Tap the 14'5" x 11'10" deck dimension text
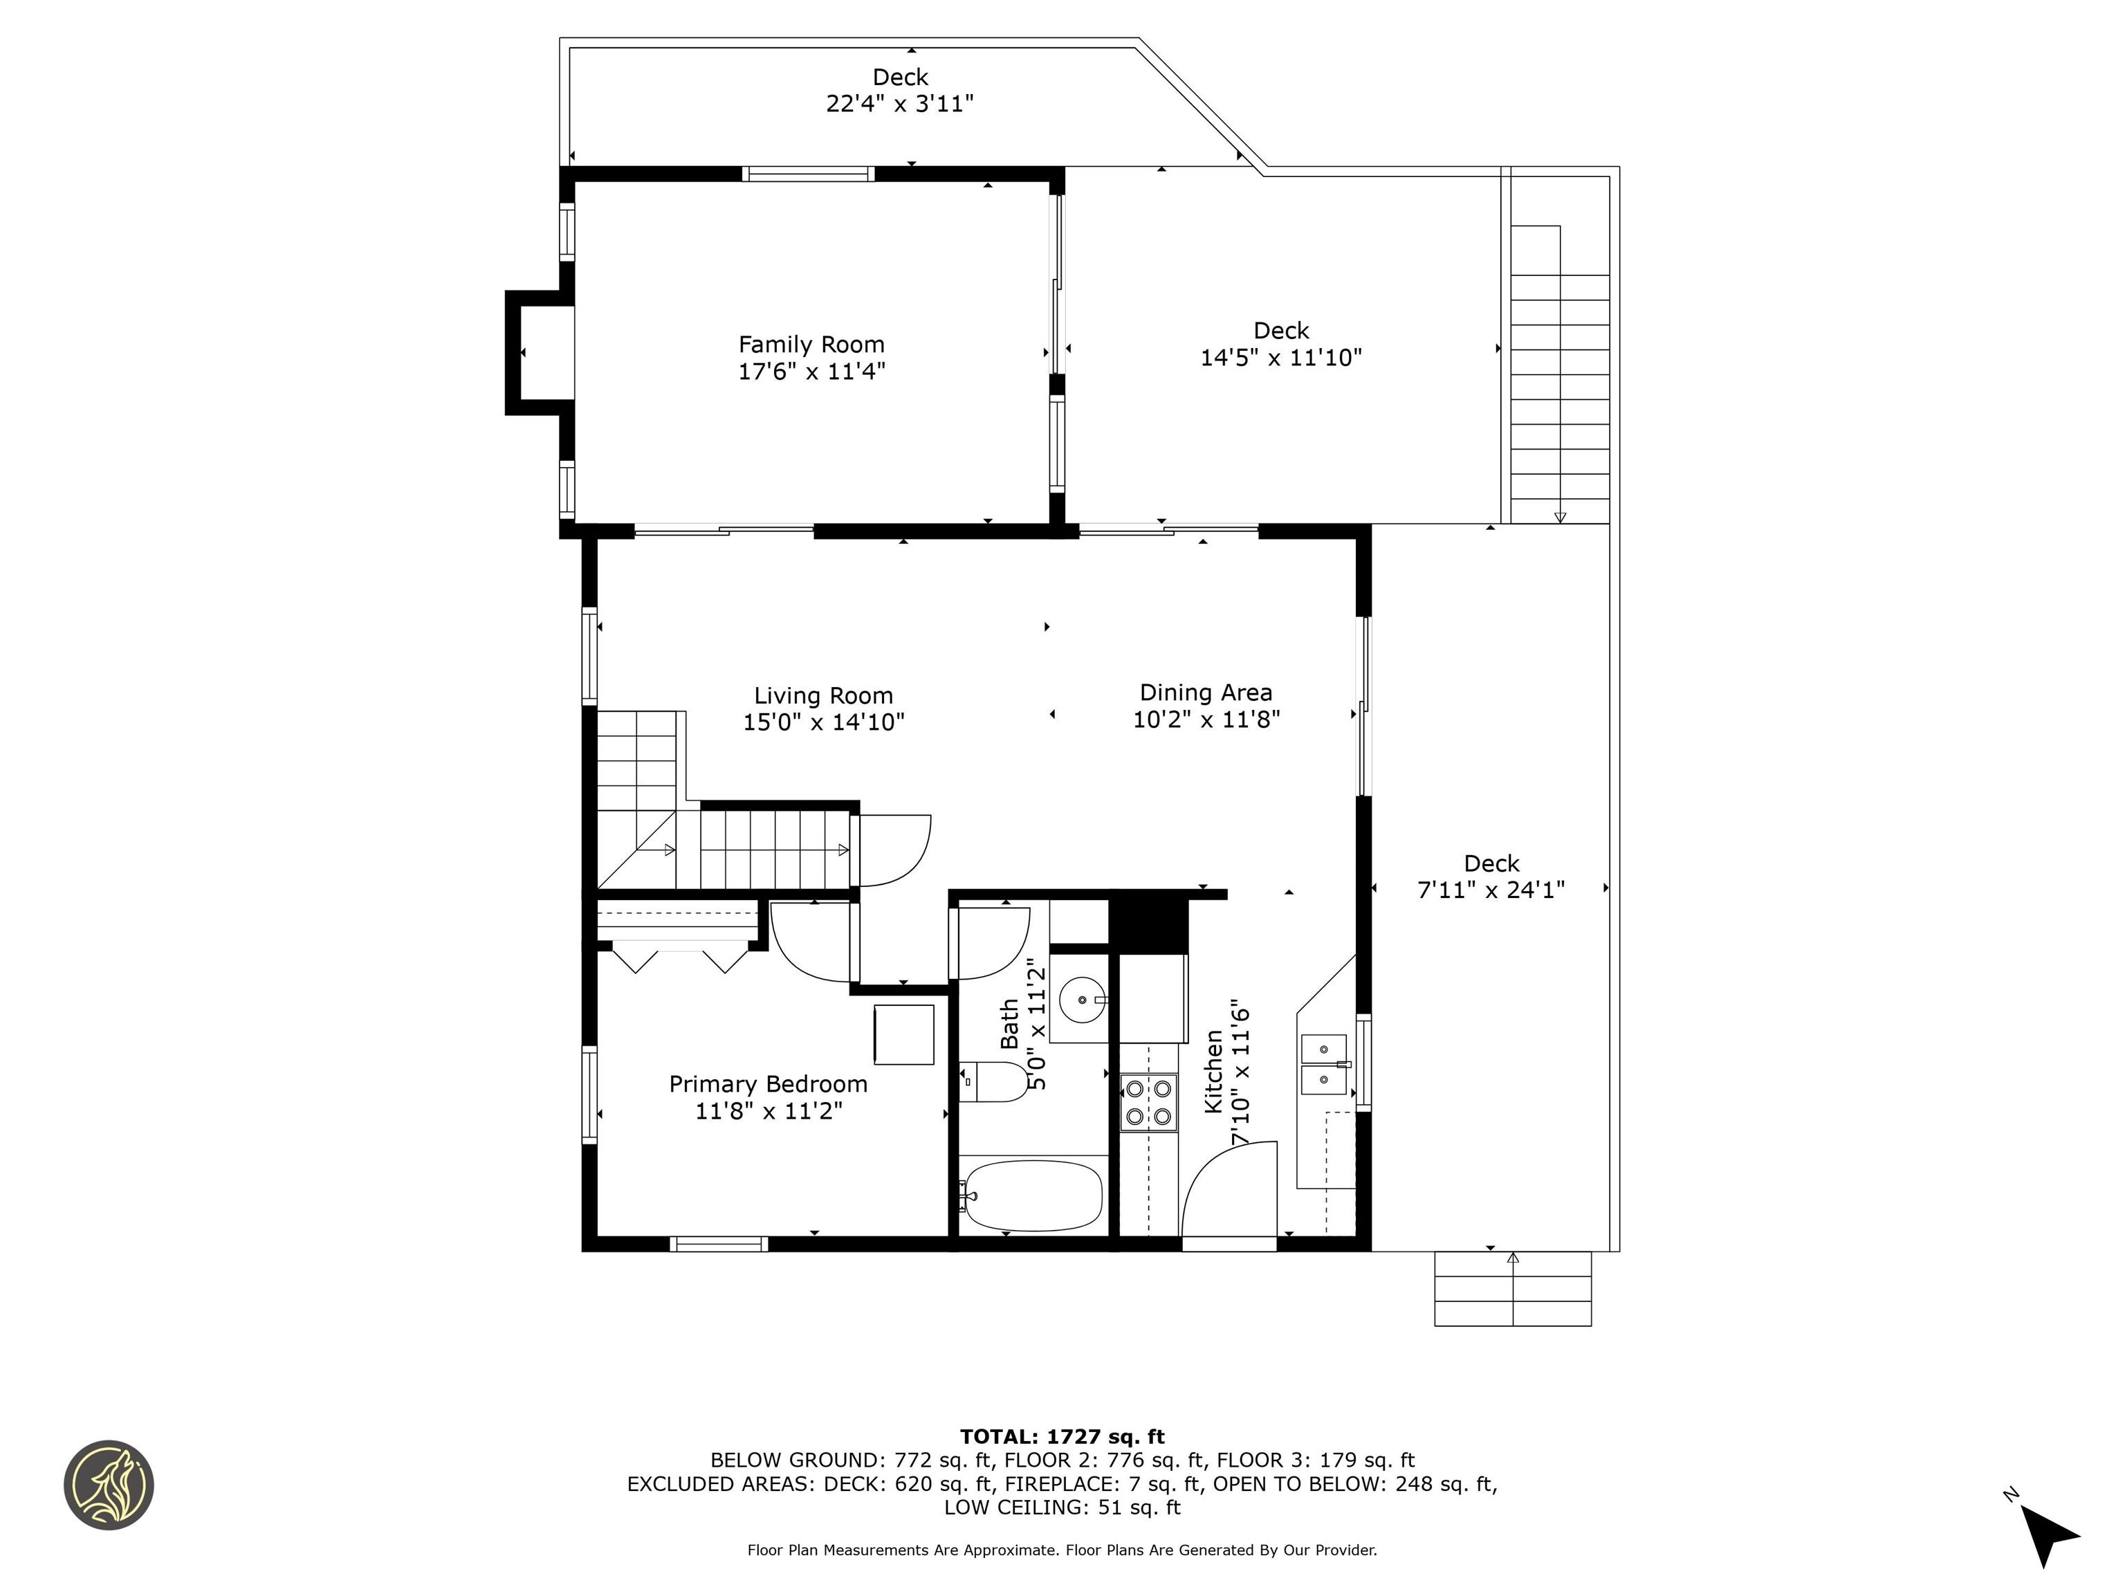[1280, 358]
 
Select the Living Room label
[822, 695]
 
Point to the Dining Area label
[1206, 693]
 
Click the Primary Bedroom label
[768, 1085]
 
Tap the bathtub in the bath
[1033, 1196]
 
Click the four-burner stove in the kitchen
[1149, 1102]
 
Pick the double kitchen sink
[1324, 1065]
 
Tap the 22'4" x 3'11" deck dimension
[900, 104]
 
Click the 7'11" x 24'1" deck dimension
[1491, 890]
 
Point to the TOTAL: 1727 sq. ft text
[1062, 1436]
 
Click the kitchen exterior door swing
[1229, 1196]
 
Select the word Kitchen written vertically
[1213, 1071]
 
